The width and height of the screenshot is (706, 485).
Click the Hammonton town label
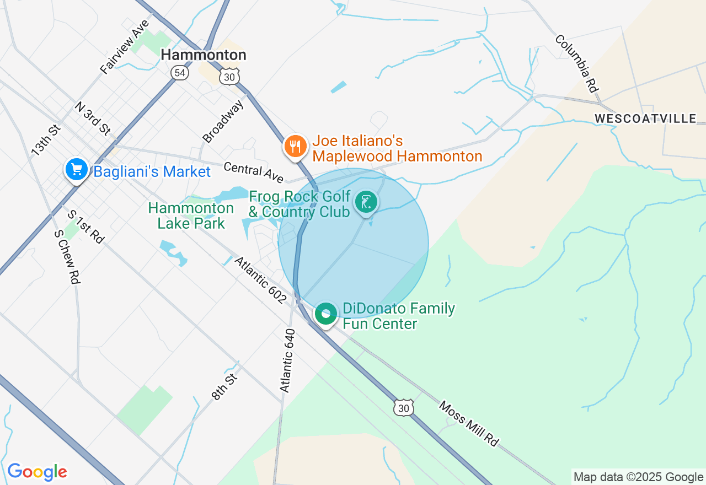[203, 55]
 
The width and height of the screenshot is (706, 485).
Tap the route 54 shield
[180, 73]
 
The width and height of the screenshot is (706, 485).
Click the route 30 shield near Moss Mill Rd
[404, 407]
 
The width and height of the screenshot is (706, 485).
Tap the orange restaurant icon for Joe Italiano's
[296, 147]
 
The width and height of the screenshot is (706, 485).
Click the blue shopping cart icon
[76, 170]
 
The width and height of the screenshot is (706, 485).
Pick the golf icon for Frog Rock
[366, 202]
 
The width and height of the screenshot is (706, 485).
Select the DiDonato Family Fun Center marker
[325, 314]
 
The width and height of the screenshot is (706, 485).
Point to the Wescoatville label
[645, 118]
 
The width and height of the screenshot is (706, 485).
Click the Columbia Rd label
[577, 63]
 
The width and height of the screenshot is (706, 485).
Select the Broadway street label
[223, 121]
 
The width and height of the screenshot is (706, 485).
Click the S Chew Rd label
[67, 257]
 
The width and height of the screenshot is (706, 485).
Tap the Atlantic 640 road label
[287, 361]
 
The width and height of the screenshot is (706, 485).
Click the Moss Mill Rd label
[469, 423]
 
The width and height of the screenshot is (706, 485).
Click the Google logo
[37, 472]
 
